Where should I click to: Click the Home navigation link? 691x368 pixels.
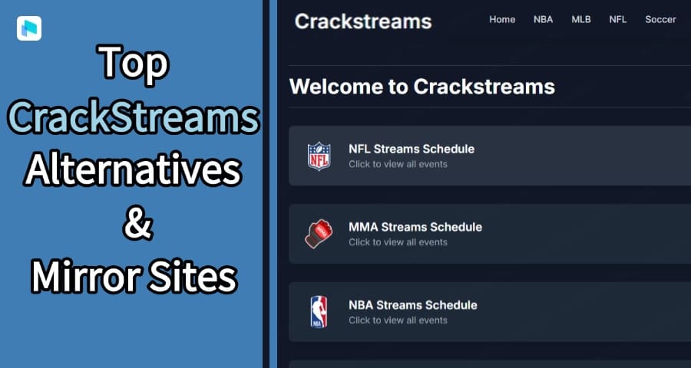point(502,20)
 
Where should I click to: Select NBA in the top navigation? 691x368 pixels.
point(543,20)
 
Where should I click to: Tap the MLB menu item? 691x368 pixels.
point(581,20)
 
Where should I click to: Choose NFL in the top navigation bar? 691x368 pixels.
point(618,20)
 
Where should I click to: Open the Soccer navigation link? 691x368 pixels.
point(660,20)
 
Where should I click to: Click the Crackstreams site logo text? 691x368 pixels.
point(362,21)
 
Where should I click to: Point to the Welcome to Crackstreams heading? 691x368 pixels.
point(422,87)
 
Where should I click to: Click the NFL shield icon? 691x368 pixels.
point(318,156)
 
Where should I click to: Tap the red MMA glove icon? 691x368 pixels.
point(318,234)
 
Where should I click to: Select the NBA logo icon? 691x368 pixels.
point(318,312)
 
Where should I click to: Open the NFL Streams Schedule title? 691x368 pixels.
point(412,149)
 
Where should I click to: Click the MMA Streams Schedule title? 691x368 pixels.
point(415,227)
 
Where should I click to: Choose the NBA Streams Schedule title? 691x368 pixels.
point(412,305)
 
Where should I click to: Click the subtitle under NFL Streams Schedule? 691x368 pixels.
point(398,164)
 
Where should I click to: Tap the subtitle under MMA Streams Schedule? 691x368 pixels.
point(398,242)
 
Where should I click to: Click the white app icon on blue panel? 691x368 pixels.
point(28,28)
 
